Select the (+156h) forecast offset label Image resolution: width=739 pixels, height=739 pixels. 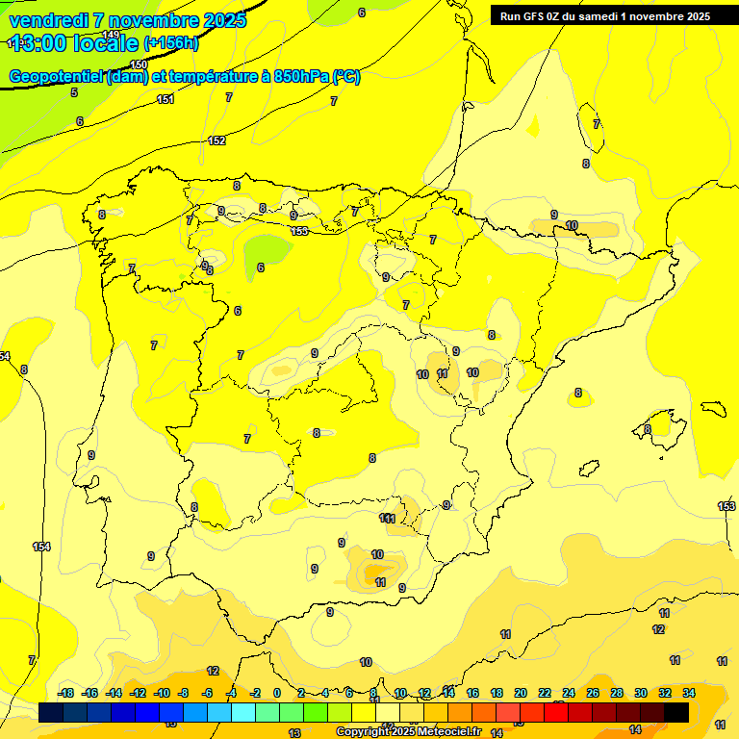pos(170,43)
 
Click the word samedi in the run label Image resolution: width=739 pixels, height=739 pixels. pos(600,16)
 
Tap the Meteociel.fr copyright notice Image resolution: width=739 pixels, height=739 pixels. pos(408,731)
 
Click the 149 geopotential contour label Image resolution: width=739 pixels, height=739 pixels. pos(111,35)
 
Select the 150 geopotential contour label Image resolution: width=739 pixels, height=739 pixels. pos(140,64)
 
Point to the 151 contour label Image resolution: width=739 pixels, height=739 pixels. pos(166,99)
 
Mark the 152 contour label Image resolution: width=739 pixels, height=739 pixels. pos(217,140)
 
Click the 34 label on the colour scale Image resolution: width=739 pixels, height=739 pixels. pos(688,693)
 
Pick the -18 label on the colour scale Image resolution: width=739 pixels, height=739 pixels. pos(66,693)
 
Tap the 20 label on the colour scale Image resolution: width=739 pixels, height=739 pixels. pos(521,693)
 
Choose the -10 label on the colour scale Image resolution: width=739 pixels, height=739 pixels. pos(162,693)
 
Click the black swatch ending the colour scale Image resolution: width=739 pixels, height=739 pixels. pos(676,712)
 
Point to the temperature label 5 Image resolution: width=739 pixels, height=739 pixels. pos(74,92)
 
